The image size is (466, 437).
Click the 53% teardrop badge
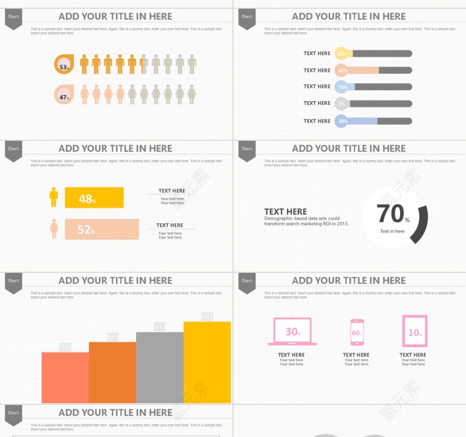[x=63, y=65]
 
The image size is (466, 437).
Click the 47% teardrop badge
[x=63, y=95]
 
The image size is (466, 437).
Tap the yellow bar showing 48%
[x=94, y=198]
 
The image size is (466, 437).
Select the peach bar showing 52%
[x=102, y=229]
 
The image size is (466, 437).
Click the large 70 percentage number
[x=391, y=214]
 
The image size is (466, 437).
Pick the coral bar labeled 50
[x=65, y=377]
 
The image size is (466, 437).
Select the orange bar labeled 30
[x=112, y=372]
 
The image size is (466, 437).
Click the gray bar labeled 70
[x=160, y=367]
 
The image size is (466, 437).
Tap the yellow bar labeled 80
[x=207, y=362]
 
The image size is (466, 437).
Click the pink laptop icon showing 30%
[x=292, y=332]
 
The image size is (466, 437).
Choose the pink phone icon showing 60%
[x=357, y=332]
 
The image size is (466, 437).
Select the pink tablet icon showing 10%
[x=414, y=332]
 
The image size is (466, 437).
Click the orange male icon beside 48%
[x=54, y=197]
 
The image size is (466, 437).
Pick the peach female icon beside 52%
[x=54, y=228]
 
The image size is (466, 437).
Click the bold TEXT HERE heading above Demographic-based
[x=285, y=211]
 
